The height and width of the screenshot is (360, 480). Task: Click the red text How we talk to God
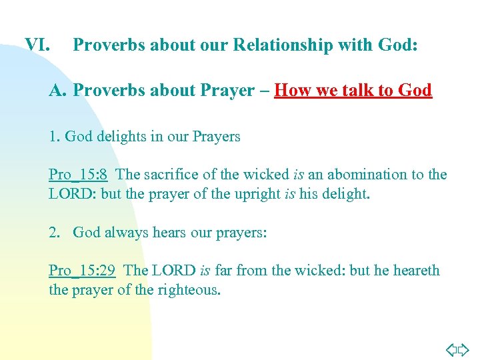point(353,90)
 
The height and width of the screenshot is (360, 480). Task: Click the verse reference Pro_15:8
point(78,175)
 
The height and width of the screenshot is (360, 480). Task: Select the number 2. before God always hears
point(54,233)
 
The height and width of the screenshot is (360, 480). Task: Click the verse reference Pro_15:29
point(82,271)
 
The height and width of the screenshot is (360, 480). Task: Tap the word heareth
point(417,271)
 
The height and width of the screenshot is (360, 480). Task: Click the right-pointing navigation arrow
point(464,349)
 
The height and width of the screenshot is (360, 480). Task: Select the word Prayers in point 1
point(216,137)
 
